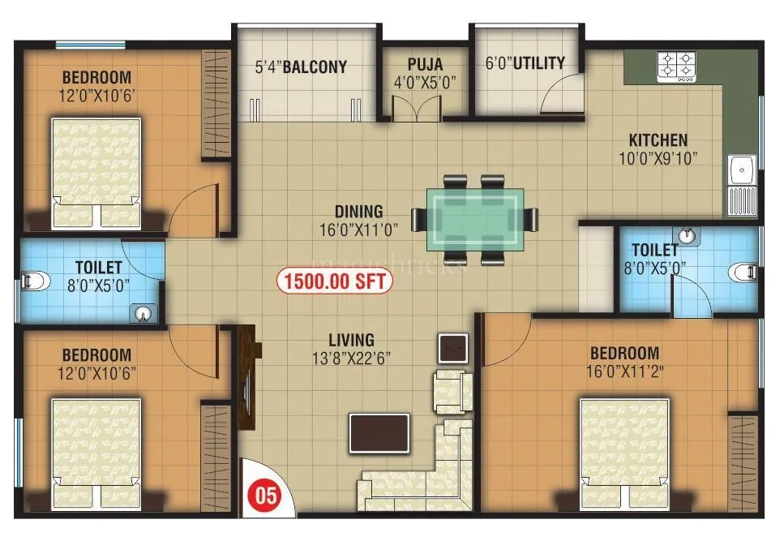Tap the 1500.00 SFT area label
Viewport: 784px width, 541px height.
pos(334,281)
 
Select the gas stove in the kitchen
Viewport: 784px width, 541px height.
pos(676,67)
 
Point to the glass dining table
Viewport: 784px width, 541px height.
pos(475,218)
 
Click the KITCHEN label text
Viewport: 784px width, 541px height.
pos(658,140)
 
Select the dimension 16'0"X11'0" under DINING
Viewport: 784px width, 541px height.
pos(358,230)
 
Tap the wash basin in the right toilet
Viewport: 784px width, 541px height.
pos(688,235)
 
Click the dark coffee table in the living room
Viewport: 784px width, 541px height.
pos(379,432)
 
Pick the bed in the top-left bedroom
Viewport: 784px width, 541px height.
pos(96,172)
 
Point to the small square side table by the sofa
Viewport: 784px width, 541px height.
pos(452,347)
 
